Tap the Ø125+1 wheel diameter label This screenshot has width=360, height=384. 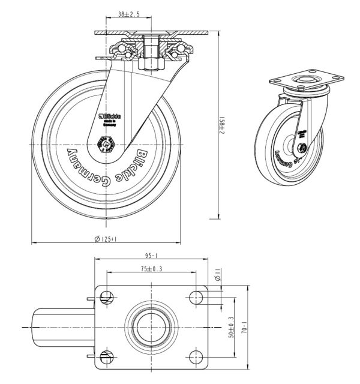pyautogui.click(x=105, y=239)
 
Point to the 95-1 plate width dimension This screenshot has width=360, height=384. pyautogui.click(x=151, y=255)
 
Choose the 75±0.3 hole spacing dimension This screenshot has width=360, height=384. pyautogui.click(x=151, y=269)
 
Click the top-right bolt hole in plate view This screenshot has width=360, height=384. pyautogui.click(x=196, y=295)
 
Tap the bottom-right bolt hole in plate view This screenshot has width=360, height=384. pyautogui.click(x=196, y=358)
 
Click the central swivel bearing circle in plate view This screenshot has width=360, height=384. pyautogui.click(x=151, y=326)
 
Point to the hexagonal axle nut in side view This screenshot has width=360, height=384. pyautogui.click(x=106, y=143)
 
